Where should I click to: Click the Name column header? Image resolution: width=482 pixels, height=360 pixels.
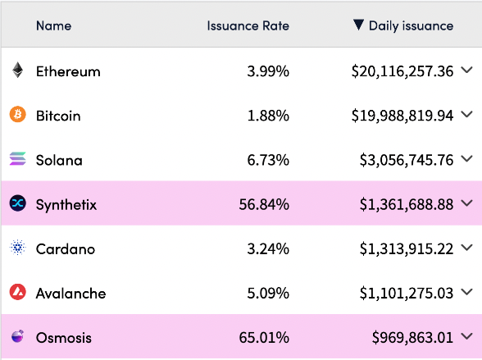(54, 25)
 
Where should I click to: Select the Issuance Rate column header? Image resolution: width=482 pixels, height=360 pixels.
(248, 25)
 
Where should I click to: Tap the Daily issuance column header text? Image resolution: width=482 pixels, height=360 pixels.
(411, 26)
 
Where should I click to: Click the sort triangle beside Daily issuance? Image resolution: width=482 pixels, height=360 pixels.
(358, 25)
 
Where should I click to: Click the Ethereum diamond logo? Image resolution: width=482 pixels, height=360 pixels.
(17, 70)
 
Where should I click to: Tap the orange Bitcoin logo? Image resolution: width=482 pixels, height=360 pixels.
(17, 114)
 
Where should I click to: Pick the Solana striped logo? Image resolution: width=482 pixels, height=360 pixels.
(17, 158)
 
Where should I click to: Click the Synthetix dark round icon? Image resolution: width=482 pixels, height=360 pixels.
(17, 203)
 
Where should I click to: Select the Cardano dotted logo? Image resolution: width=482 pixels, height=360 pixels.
(17, 248)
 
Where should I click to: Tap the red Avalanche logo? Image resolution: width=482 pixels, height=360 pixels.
(17, 292)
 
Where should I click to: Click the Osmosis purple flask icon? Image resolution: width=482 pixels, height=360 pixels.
(17, 336)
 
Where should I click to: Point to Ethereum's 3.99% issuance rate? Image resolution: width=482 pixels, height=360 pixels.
(268, 71)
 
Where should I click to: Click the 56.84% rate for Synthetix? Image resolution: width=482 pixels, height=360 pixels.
(264, 204)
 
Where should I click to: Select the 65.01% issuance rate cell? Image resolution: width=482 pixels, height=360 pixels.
(264, 338)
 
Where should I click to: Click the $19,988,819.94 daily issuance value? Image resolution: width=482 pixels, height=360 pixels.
(402, 116)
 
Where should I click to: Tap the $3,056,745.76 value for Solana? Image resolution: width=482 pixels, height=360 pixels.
(407, 161)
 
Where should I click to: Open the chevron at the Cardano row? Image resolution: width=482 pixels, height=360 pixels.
(466, 248)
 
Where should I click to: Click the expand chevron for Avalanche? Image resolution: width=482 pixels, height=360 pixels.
(466, 292)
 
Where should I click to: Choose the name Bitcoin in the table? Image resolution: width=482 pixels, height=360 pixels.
(58, 116)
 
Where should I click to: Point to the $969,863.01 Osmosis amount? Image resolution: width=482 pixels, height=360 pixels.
(412, 338)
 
